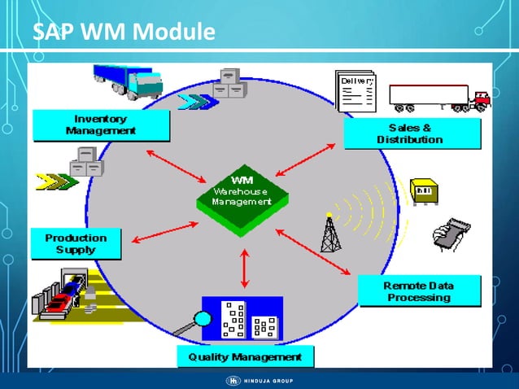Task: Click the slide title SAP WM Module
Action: [124, 33]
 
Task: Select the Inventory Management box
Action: [101, 125]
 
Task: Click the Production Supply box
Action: [76, 243]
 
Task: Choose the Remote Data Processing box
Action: [418, 291]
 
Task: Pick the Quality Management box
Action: [245, 356]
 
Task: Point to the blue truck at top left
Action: [128, 80]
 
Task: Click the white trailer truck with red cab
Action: [438, 98]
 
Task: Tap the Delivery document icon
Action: [355, 92]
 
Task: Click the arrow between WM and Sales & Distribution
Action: [306, 160]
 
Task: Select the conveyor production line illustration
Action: [69, 298]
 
